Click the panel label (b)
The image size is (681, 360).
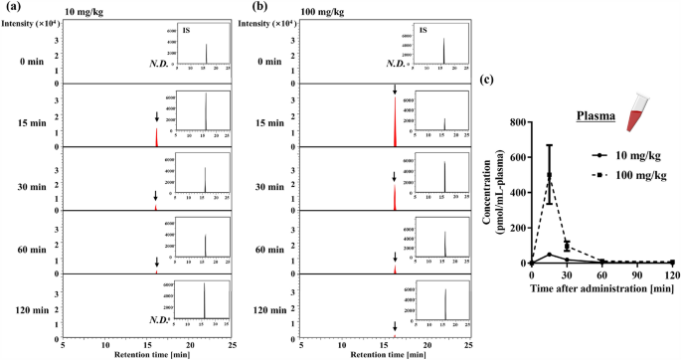click(248, 7)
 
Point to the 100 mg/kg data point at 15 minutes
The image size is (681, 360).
click(549, 176)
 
